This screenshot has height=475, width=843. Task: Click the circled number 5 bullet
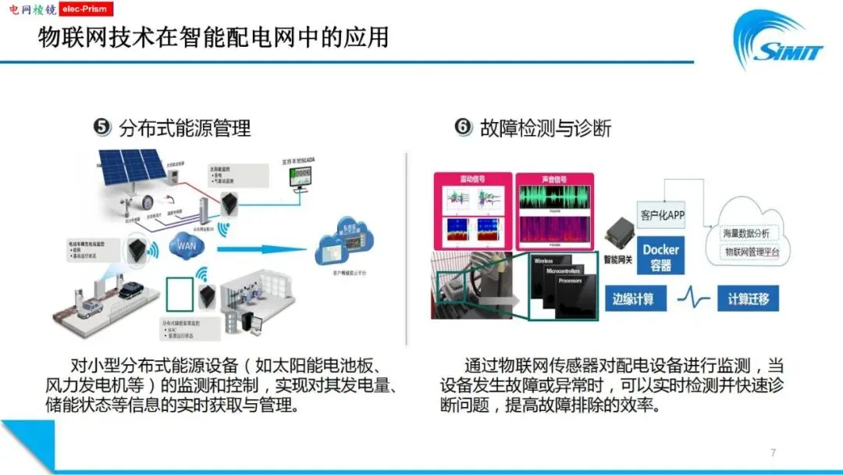pyautogui.click(x=102, y=127)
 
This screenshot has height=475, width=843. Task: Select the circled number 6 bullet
pyautogui.click(x=464, y=127)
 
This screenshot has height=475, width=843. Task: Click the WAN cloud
pyautogui.click(x=186, y=246)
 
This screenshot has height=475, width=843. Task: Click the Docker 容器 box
pyautogui.click(x=660, y=256)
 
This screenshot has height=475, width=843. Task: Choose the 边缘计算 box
pyautogui.click(x=633, y=298)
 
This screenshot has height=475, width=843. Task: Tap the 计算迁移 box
pyautogui.click(x=748, y=298)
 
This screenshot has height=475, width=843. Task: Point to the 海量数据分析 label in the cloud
pyautogui.click(x=752, y=233)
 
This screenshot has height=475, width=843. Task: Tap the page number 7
pyautogui.click(x=773, y=452)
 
